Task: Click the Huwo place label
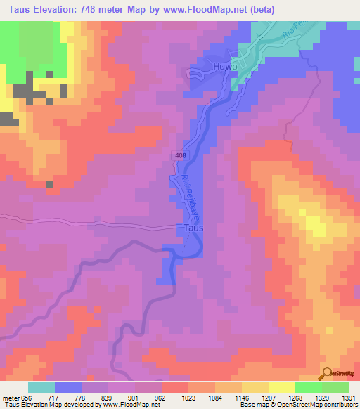(x=222, y=68)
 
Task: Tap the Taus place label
(x=193, y=228)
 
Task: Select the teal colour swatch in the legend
(x=41, y=387)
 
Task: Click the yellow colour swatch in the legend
(x=281, y=387)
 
